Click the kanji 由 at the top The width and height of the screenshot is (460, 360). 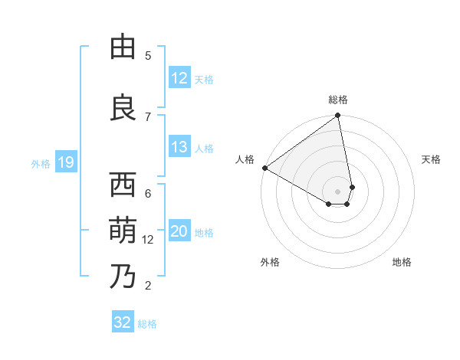(x=123, y=47)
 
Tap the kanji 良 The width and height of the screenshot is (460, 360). (x=123, y=106)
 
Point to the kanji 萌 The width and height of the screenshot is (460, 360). (x=123, y=229)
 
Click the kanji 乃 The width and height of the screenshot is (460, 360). (x=123, y=275)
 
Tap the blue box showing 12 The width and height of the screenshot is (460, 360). (x=179, y=78)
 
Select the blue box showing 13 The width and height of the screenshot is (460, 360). (x=179, y=147)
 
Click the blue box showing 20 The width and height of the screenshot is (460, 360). (x=179, y=232)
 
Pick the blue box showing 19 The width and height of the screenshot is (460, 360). (x=65, y=162)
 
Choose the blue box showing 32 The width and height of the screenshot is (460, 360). (x=123, y=322)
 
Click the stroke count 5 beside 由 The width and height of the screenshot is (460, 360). (x=148, y=56)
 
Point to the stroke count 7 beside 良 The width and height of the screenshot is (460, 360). (x=148, y=116)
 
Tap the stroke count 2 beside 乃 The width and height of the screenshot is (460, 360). (x=148, y=286)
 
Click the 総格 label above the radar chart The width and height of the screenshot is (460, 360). (x=338, y=100)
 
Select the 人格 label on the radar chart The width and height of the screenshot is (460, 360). (x=245, y=159)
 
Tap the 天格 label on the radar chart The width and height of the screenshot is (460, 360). (x=431, y=159)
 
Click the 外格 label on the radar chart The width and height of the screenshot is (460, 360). (x=270, y=262)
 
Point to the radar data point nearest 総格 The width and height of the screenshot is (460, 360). (x=338, y=116)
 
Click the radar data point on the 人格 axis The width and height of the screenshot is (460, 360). (x=264, y=168)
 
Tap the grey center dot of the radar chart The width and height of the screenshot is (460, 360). (x=337, y=191)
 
